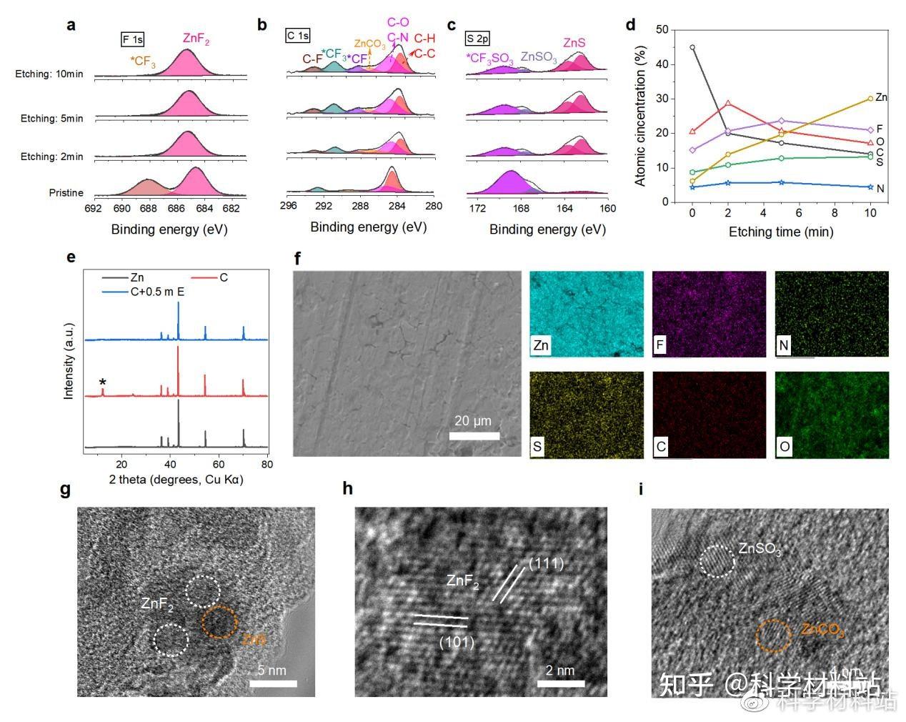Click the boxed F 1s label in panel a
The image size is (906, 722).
click(132, 39)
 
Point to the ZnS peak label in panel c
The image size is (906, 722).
click(574, 43)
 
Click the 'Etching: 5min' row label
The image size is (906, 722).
click(51, 119)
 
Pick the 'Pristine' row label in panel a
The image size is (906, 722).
click(66, 193)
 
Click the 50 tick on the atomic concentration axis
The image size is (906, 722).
click(662, 30)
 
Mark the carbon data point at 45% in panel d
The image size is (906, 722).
click(692, 47)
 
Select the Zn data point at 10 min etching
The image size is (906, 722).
click(870, 99)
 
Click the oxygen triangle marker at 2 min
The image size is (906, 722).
click(728, 104)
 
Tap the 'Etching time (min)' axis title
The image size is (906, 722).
click(780, 232)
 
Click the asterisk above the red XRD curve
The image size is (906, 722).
click(103, 383)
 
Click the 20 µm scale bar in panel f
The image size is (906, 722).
click(474, 435)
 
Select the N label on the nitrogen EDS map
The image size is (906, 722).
click(784, 346)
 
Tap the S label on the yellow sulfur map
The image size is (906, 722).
click(537, 447)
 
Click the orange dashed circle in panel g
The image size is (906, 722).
click(219, 622)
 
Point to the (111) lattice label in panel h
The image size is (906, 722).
click(546, 565)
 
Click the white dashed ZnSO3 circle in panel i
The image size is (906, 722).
click(717, 561)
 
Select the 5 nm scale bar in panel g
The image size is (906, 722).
click(273, 683)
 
